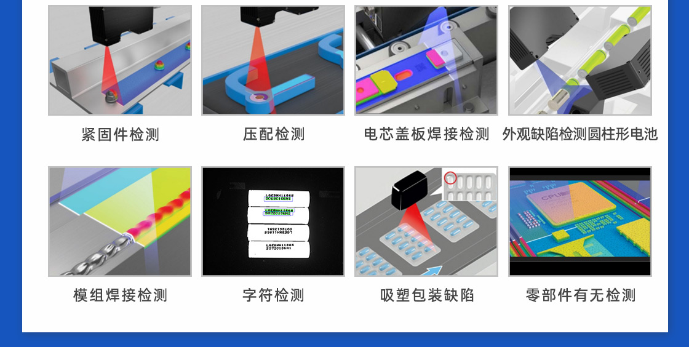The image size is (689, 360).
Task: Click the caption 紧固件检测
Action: tap(120, 134)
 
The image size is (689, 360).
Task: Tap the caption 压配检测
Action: tap(273, 134)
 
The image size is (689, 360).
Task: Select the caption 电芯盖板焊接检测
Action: tap(426, 134)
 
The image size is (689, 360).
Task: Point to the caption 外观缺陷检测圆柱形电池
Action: tap(579, 134)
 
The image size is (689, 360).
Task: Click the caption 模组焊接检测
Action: tap(120, 295)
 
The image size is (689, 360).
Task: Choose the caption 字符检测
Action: tap(273, 295)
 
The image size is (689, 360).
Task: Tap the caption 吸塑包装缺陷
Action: tap(426, 295)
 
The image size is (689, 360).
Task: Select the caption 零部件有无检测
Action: tap(579, 295)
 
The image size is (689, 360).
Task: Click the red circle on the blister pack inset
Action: tap(450, 178)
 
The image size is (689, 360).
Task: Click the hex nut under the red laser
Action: tap(111, 96)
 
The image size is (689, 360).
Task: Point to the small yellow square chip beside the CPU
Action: tap(560, 235)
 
